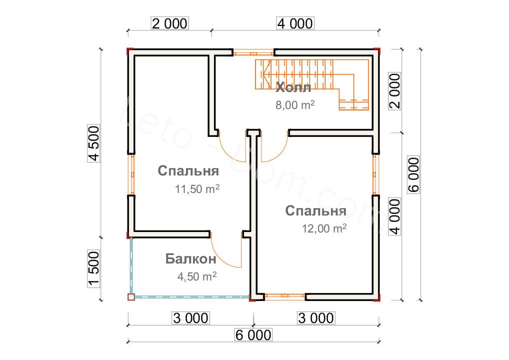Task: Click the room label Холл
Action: [x=293, y=87]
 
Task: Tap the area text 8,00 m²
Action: [x=295, y=105]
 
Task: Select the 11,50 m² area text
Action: [x=197, y=188]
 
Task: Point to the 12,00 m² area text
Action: [x=324, y=228]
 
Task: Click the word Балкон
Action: [x=190, y=258]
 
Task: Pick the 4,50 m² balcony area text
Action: [x=196, y=276]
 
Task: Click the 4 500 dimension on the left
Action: [x=93, y=143]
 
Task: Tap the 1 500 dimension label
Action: [x=93, y=269]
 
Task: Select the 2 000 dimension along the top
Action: [x=169, y=23]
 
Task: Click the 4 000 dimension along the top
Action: [x=295, y=23]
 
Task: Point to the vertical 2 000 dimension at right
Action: [x=394, y=91]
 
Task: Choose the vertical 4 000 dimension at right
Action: [x=394, y=216]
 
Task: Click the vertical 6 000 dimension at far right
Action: [x=413, y=175]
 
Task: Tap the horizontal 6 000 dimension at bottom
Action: [x=253, y=335]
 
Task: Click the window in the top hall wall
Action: [x=253, y=52]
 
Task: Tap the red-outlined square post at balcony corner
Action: [x=131, y=297]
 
